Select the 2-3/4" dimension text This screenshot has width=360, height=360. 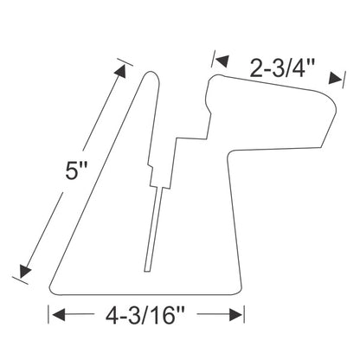coord(282,68)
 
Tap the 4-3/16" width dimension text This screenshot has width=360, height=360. coord(145,315)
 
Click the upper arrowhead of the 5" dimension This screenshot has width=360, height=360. coord(121,71)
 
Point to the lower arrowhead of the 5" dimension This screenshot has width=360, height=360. coord(24,271)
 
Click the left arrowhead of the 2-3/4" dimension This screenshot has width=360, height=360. coord(222,61)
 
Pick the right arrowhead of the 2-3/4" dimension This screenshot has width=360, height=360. coord(335,78)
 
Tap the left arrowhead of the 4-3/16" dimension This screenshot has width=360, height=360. coord(59,314)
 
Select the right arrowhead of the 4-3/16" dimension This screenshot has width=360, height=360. coord(235,314)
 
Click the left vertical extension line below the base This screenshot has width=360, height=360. coord(48,314)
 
